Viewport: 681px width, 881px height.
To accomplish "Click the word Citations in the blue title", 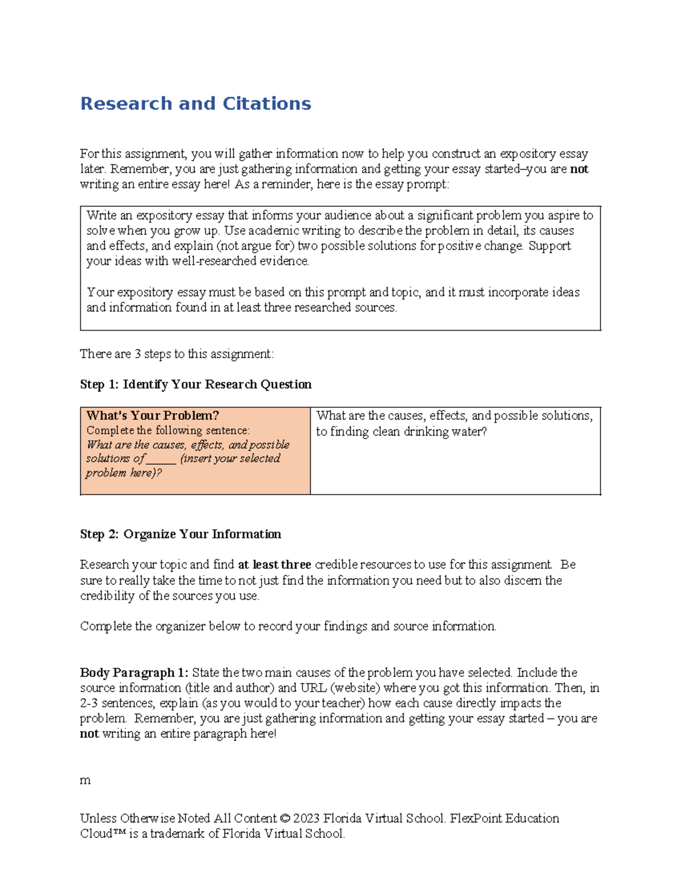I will coord(267,104).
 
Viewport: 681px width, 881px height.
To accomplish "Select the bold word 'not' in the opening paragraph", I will coord(579,169).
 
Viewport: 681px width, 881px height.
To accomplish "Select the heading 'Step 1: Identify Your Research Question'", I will coord(196,385).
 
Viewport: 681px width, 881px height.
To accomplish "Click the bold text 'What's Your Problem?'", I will coord(153,416).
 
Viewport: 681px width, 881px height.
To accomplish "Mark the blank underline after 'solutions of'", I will coord(161,459).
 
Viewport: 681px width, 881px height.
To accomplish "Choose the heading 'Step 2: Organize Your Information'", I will coord(180,534).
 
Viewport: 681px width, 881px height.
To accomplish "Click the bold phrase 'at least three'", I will coord(274,565).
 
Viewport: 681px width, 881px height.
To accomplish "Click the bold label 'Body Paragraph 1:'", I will coord(134,673).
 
